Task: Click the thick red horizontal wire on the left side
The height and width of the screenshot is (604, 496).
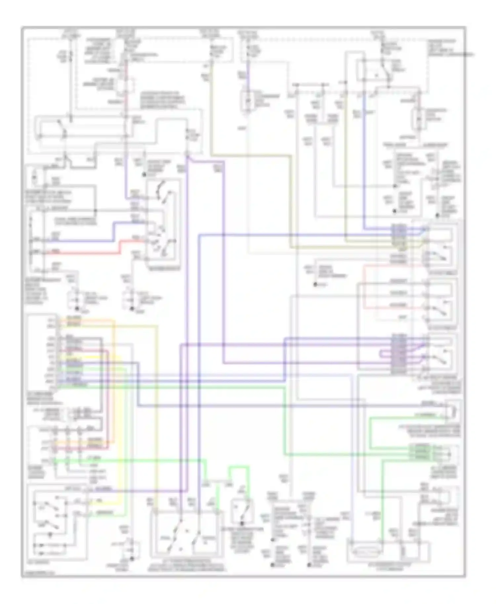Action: click(83, 253)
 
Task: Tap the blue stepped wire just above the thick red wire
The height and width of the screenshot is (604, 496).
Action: click(83, 241)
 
